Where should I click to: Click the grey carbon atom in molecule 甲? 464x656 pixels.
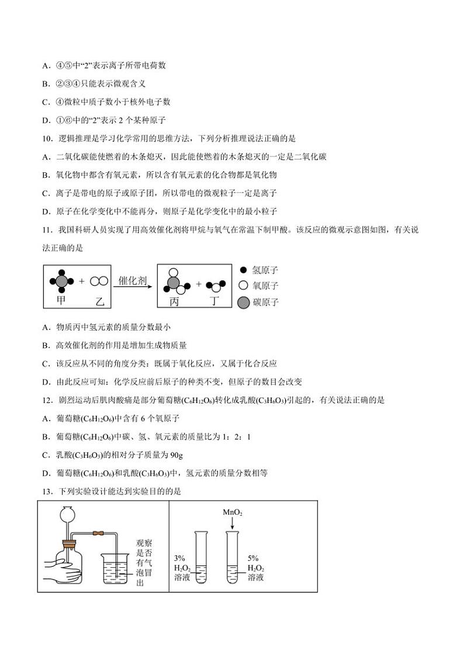(x=62, y=281)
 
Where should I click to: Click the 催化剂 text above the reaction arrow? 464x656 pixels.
(x=132, y=280)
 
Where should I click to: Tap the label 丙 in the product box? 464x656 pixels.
(x=174, y=301)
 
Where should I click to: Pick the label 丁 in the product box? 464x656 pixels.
(x=215, y=301)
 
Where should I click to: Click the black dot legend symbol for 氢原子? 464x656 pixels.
(x=243, y=270)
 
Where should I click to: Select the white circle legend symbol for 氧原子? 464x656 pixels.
(x=243, y=286)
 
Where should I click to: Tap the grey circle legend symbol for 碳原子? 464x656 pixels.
(x=243, y=302)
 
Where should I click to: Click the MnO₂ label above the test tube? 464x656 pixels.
(x=232, y=512)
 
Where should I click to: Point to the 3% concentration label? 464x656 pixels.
(x=180, y=558)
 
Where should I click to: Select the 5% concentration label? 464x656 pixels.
(x=254, y=558)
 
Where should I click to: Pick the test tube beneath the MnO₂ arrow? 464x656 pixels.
(x=233, y=557)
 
